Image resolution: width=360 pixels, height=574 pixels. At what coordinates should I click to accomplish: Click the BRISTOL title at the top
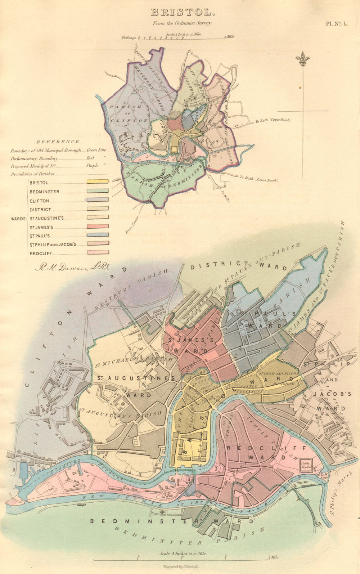point(182,13)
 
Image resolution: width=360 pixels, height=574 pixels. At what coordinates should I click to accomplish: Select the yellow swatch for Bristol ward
point(98,182)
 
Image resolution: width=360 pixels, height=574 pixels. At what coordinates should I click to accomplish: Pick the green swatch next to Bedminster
point(98,191)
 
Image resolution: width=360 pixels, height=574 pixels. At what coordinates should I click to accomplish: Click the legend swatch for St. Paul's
point(98,235)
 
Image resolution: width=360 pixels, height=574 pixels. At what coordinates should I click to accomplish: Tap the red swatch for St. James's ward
point(98,227)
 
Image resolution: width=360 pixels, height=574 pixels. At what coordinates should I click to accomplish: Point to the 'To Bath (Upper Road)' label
point(273,121)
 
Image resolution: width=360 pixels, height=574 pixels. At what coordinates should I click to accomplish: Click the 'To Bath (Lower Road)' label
point(258,178)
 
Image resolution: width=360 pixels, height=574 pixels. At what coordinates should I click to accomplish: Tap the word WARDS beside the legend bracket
point(18,219)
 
